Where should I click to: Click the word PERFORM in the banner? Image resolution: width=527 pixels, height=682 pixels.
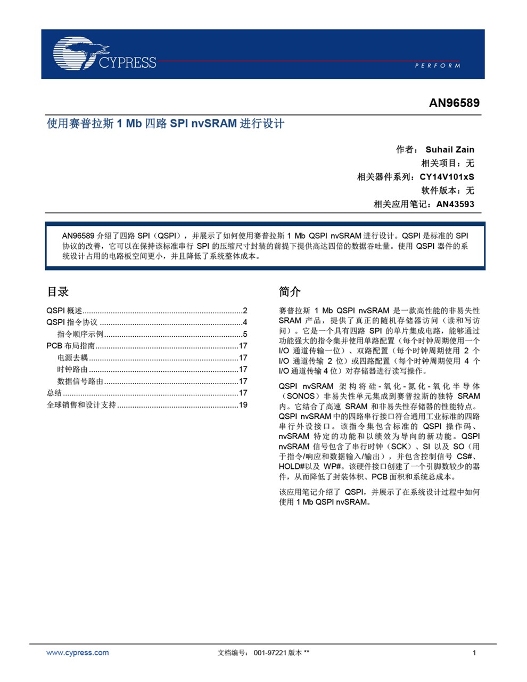coord(437,66)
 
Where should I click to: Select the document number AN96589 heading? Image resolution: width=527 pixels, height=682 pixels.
coord(454,103)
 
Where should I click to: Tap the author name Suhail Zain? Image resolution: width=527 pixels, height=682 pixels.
coord(449,150)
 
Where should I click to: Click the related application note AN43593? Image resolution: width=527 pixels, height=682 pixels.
coord(455,204)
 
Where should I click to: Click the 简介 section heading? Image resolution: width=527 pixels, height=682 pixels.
coord(290,291)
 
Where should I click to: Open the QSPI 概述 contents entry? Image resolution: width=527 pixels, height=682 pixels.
coord(64,311)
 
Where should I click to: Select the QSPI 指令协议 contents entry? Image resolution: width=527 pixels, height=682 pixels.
coord(72,322)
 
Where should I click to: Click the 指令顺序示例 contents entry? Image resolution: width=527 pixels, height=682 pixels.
coord(80,334)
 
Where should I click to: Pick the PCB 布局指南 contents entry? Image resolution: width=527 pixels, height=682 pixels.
coord(71,346)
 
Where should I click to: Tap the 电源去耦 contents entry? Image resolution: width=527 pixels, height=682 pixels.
coord(72,358)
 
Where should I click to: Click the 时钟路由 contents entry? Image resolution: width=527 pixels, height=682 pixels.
coord(72,369)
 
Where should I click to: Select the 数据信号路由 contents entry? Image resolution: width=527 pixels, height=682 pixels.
coord(80,381)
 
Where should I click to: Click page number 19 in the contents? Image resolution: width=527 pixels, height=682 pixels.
coord(243,405)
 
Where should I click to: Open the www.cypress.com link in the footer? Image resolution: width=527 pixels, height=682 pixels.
coord(77,653)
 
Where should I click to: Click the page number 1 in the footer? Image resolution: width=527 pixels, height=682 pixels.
coord(474,653)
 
